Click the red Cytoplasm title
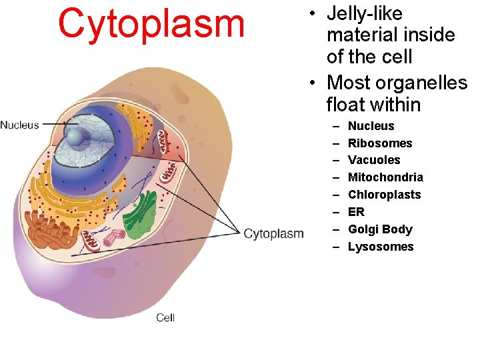tap(151, 23)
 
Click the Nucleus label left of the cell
tap(19, 125)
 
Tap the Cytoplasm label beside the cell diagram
tap(273, 233)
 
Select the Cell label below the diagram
tap(165, 317)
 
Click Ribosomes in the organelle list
tap(380, 143)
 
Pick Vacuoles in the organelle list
tap(374, 160)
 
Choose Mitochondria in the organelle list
tap(385, 177)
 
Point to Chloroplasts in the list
tap(384, 195)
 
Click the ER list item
tap(356, 212)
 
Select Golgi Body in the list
tap(380, 229)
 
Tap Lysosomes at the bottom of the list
tap(381, 247)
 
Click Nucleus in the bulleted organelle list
tap(371, 126)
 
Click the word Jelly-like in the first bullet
tap(365, 13)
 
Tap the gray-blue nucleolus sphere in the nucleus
tap(78, 137)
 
